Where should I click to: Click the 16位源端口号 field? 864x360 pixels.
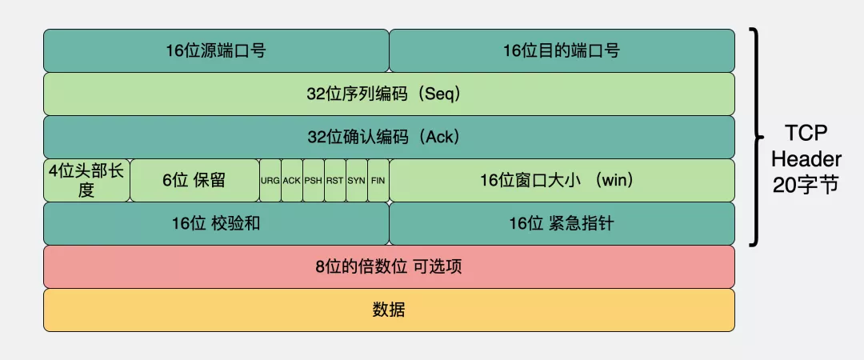tap(216, 50)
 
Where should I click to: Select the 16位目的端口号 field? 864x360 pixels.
tap(562, 50)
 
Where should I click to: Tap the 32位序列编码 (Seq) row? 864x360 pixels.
tap(389, 94)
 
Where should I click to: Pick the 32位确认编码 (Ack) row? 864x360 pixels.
tap(389, 137)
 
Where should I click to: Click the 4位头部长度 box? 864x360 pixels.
tap(86, 180)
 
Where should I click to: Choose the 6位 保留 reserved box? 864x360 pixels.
tap(194, 180)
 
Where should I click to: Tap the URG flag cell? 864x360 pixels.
tap(270, 181)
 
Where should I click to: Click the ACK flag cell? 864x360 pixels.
tap(291, 181)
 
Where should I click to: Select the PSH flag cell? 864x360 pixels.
tap(313, 181)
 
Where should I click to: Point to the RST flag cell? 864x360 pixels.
tap(334, 181)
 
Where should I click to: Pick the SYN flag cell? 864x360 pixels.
tap(356, 181)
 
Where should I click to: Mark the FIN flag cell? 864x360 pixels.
tap(378, 181)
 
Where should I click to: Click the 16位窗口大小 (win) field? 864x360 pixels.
tap(562, 180)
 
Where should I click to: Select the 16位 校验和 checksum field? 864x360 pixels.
tap(216, 223)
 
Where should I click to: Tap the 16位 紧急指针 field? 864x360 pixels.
tap(562, 223)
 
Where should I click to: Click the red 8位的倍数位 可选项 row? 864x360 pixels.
tap(389, 266)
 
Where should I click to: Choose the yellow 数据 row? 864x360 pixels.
tap(389, 310)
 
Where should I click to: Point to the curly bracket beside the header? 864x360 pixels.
tap(754, 136)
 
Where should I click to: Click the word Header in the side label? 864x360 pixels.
tap(806, 159)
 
